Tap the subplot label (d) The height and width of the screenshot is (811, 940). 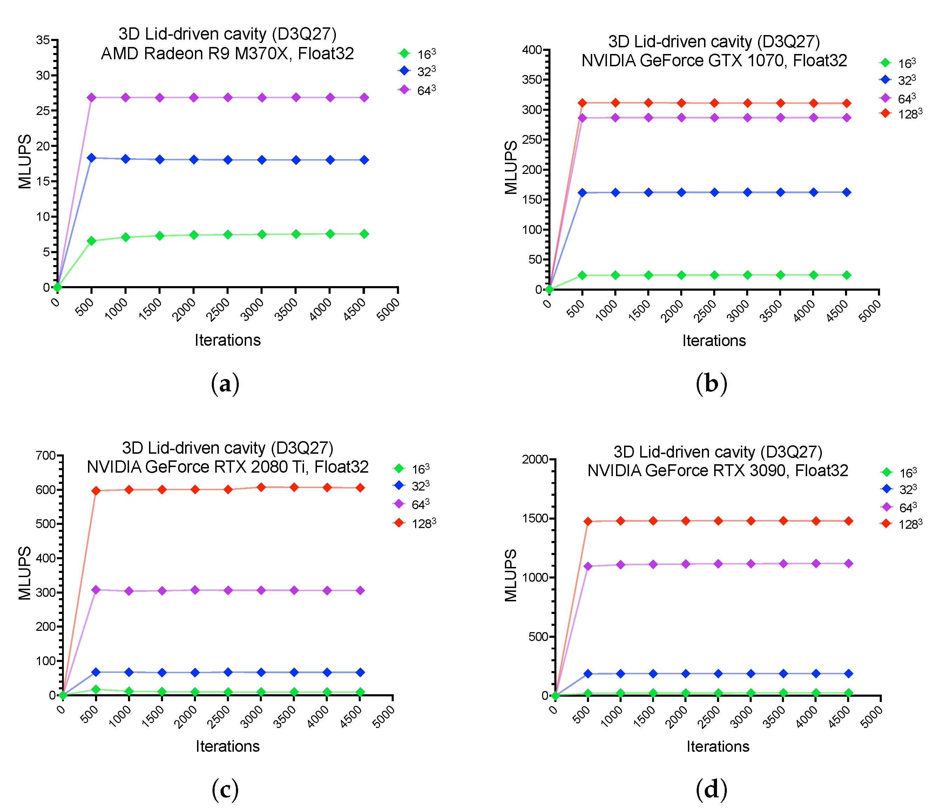pos(711,789)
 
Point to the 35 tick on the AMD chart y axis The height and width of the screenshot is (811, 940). pos(43,40)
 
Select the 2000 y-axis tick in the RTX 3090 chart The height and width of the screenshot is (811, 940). pos(535,459)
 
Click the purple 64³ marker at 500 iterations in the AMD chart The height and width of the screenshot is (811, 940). pos(92,97)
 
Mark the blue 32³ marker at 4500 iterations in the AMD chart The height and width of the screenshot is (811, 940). pos(364,160)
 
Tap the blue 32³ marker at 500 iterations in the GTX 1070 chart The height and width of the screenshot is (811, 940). pos(582,193)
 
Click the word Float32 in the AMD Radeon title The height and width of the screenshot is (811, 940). pos(326,54)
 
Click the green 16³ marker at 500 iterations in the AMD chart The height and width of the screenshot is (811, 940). pos(92,241)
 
